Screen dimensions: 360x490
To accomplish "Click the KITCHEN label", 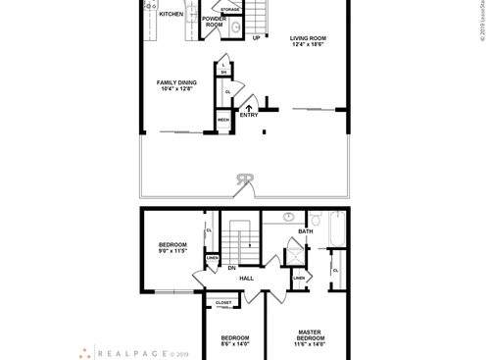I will pyautogui.click(x=171, y=15).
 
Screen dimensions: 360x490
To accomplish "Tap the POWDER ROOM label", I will pyautogui.click(x=214, y=22).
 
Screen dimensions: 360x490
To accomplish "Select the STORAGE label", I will pyautogui.click(x=229, y=9).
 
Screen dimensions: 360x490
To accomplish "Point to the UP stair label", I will pyautogui.click(x=257, y=38).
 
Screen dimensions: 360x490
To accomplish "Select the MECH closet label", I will pyautogui.click(x=222, y=120).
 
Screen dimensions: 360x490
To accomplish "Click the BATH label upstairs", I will pyautogui.click(x=305, y=232).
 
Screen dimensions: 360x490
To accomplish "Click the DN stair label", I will pyautogui.click(x=232, y=267).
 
